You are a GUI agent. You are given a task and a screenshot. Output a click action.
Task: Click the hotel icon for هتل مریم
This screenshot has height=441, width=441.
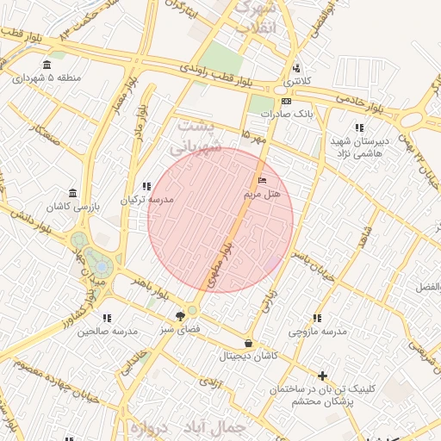[262, 180]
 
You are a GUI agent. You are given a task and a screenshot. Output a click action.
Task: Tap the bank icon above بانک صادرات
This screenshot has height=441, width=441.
[275, 100]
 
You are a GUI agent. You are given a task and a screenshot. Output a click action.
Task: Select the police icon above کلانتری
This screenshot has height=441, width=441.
[297, 68]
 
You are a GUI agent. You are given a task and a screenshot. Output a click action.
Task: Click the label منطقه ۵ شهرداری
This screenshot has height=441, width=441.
[47, 78]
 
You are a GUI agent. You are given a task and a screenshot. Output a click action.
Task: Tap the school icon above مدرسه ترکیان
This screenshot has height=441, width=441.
[146, 185]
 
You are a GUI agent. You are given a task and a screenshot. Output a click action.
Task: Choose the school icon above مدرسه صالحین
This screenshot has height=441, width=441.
[107, 318]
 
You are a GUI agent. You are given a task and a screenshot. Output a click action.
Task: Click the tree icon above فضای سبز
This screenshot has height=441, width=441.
[180, 315]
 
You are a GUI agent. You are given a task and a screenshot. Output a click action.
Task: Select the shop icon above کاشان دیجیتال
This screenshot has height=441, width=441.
[248, 343]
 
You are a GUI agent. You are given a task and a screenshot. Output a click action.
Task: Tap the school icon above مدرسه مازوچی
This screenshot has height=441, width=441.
[317, 318]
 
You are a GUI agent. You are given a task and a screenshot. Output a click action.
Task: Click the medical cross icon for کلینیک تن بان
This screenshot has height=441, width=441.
[322, 376]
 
